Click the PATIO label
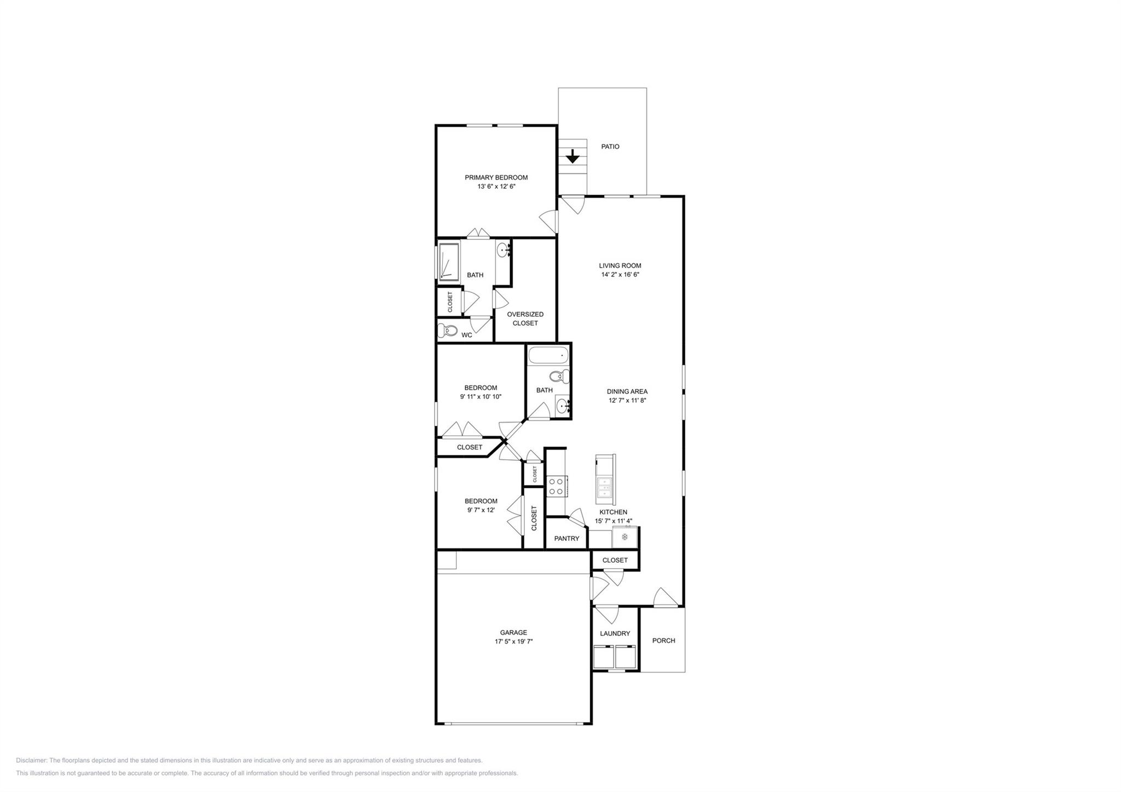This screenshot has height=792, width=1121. pos(610,147)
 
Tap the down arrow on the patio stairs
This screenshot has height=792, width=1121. pos(572,157)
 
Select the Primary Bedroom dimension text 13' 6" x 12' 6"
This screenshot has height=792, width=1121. pos(496,187)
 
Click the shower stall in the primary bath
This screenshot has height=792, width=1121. pos(449,262)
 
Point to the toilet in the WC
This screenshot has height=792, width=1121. pos(448,331)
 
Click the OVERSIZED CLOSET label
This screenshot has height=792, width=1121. pos(525,319)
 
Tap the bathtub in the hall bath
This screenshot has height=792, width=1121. pos(548,357)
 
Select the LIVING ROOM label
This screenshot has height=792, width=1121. pos(620,266)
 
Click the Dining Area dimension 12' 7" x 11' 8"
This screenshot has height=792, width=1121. pos(627,401)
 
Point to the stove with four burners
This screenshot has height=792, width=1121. pos(556,487)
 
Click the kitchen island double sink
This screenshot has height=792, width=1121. pos(604,487)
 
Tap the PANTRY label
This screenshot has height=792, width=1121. pos(566,539)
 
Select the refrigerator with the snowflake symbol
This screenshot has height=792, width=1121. pos(625,537)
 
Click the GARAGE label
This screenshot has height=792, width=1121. pos(513,633)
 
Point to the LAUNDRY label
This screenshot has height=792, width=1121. pos(615,634)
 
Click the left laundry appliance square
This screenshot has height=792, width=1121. pos(603,656)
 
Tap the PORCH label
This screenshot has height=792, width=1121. pos(663,641)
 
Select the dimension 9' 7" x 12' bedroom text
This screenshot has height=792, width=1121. pos(481,510)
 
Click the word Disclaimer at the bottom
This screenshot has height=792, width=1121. pos(31,760)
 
